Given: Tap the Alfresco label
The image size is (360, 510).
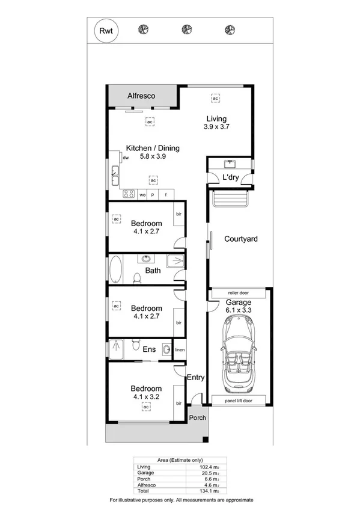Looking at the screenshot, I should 142,96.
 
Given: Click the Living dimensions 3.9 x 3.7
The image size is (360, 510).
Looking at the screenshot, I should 216,127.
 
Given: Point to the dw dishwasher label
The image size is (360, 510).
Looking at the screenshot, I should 126,158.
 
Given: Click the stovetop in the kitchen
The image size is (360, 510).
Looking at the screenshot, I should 128,194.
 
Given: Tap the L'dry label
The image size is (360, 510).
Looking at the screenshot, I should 231,177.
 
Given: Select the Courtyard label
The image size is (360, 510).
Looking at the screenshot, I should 240,239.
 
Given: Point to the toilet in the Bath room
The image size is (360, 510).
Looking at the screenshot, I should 137,277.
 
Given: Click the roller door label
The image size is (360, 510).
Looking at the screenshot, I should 239,293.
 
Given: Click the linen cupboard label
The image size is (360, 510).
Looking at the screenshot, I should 179,349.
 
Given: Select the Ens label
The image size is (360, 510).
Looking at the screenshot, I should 150,349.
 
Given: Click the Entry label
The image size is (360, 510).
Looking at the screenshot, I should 196,378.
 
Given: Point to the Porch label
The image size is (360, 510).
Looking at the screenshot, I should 197,417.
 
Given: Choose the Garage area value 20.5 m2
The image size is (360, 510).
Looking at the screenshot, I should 197,473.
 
